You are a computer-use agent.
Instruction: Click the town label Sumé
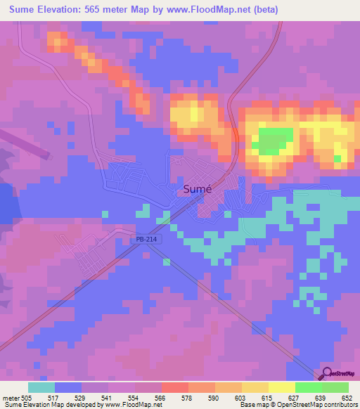point(198,189)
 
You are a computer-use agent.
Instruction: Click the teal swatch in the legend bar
point(41,387)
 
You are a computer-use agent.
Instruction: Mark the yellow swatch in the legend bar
point(281,387)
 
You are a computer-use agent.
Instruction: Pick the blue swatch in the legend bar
point(67,387)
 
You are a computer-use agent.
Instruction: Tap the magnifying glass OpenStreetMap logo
point(327,373)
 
